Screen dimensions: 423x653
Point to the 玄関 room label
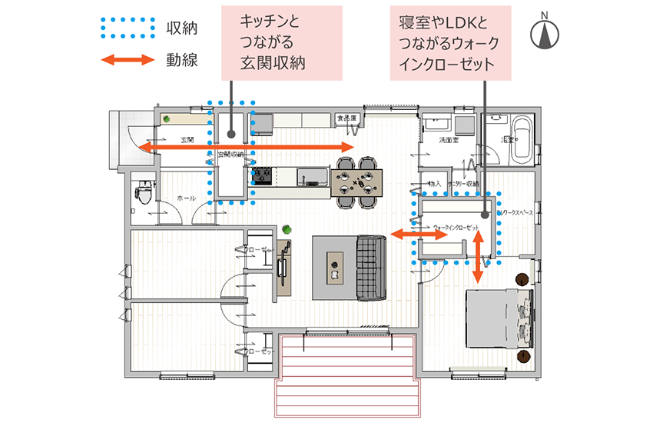click(187, 140)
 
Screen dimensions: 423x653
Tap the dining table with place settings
click(358, 181)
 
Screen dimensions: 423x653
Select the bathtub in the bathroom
click(523, 138)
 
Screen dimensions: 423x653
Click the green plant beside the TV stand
click(287, 228)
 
